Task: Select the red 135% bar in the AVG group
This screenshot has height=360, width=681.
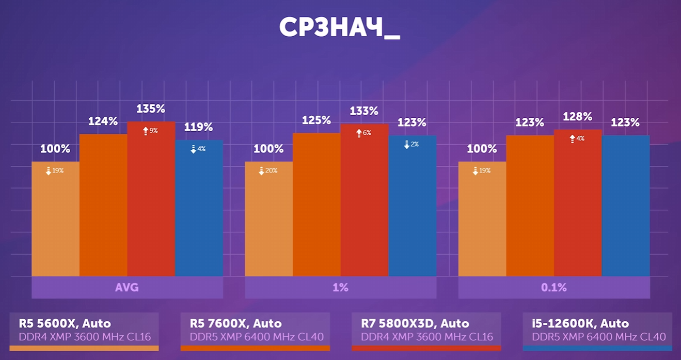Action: [x=151, y=207]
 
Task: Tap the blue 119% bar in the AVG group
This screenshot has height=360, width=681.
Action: [x=199, y=212]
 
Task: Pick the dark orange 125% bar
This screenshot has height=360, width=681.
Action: [x=316, y=207]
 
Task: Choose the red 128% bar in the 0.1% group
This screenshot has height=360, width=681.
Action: [x=578, y=207]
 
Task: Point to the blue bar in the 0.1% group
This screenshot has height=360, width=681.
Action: [x=626, y=207]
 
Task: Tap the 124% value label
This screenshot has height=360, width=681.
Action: [x=103, y=121]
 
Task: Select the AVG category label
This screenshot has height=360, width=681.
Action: [x=127, y=288]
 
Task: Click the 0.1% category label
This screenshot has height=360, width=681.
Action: [x=554, y=288]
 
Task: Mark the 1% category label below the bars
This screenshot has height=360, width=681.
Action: [x=340, y=288]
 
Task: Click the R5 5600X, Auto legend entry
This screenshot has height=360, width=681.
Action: [x=65, y=324]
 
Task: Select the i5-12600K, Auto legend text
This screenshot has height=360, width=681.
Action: [x=580, y=324]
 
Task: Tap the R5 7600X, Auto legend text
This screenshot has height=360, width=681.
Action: [x=236, y=324]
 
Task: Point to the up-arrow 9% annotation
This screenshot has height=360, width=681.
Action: [x=150, y=131]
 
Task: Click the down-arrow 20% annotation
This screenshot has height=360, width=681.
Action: [x=268, y=170]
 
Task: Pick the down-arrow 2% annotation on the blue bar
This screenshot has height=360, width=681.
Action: [x=411, y=145]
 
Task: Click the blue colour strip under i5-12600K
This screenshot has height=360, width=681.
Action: [x=597, y=348]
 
